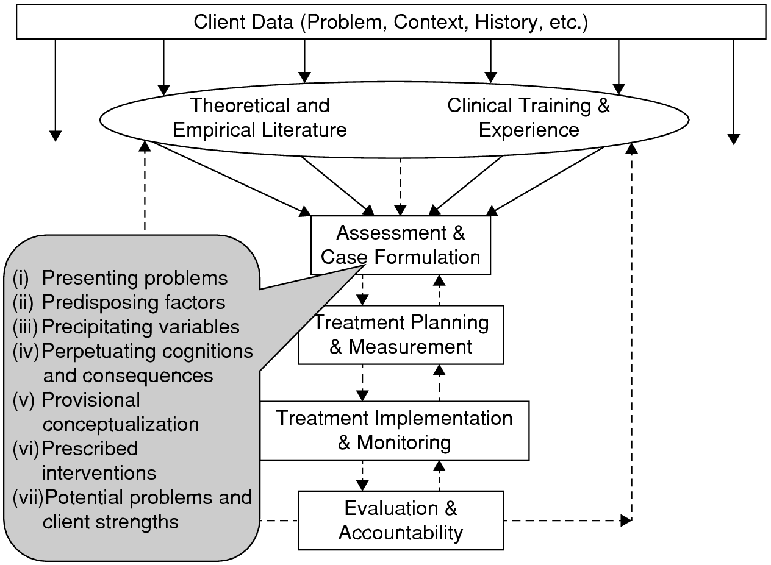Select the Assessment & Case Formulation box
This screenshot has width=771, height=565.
pyautogui.click(x=401, y=245)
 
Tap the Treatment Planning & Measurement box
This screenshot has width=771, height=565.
pyautogui.click(x=401, y=335)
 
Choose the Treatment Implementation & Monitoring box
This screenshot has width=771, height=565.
pyautogui.click(x=394, y=430)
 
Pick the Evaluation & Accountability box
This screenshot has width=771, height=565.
pyautogui.click(x=401, y=520)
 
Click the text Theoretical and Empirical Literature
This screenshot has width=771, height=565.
pyautogui.click(x=260, y=118)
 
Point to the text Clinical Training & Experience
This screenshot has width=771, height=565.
pyautogui.click(x=528, y=118)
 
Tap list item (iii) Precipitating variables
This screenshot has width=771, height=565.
pyautogui.click(x=126, y=327)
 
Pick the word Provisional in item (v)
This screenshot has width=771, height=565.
pyautogui.click(x=91, y=400)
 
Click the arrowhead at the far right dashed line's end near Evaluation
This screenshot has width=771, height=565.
pyautogui.click(x=626, y=521)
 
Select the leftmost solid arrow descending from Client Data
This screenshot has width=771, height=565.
pyautogui.click(x=56, y=88)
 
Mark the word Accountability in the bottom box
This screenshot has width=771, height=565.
pyautogui.click(x=401, y=532)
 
